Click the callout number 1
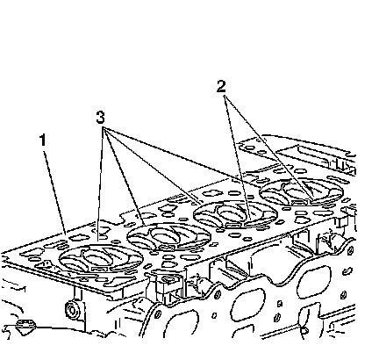point(43,140)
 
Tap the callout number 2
point(221,86)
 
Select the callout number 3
point(100,118)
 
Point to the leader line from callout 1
point(54,192)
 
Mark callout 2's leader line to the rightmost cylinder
point(269,148)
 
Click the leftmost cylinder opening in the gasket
point(101,258)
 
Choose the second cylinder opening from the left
point(169,236)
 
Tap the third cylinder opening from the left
point(236,214)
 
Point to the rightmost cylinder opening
point(302,191)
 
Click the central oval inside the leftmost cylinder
point(96,257)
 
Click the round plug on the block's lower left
point(71,310)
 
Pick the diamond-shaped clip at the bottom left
point(26,326)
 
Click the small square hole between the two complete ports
point(280,303)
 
